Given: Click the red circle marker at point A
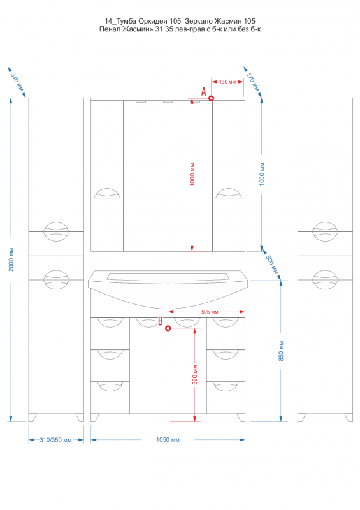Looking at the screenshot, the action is (211, 98).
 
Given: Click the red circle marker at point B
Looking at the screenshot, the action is (168, 328).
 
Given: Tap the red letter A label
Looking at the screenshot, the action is (204, 91).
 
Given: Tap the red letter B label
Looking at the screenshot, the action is (161, 321).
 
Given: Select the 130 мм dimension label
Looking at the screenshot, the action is (227, 82).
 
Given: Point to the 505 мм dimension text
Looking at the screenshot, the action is (210, 312).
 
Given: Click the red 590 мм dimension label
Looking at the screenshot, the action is (195, 374).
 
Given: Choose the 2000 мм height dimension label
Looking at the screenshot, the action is (11, 259).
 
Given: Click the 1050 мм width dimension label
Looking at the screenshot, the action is (168, 440).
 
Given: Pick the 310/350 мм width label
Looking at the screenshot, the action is (55, 440).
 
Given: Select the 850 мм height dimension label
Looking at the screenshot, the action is (281, 351).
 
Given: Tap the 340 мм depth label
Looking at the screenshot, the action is (17, 82).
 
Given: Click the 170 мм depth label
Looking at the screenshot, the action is (253, 82).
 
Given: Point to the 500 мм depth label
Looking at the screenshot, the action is (273, 264).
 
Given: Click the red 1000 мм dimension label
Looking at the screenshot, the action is (192, 174).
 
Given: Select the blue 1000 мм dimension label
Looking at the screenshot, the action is (262, 174).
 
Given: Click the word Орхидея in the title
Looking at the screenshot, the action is (150, 22).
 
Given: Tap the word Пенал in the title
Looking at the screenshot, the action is (110, 29).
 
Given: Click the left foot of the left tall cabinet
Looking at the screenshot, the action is (32, 418).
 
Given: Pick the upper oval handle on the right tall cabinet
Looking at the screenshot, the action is (325, 232).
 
